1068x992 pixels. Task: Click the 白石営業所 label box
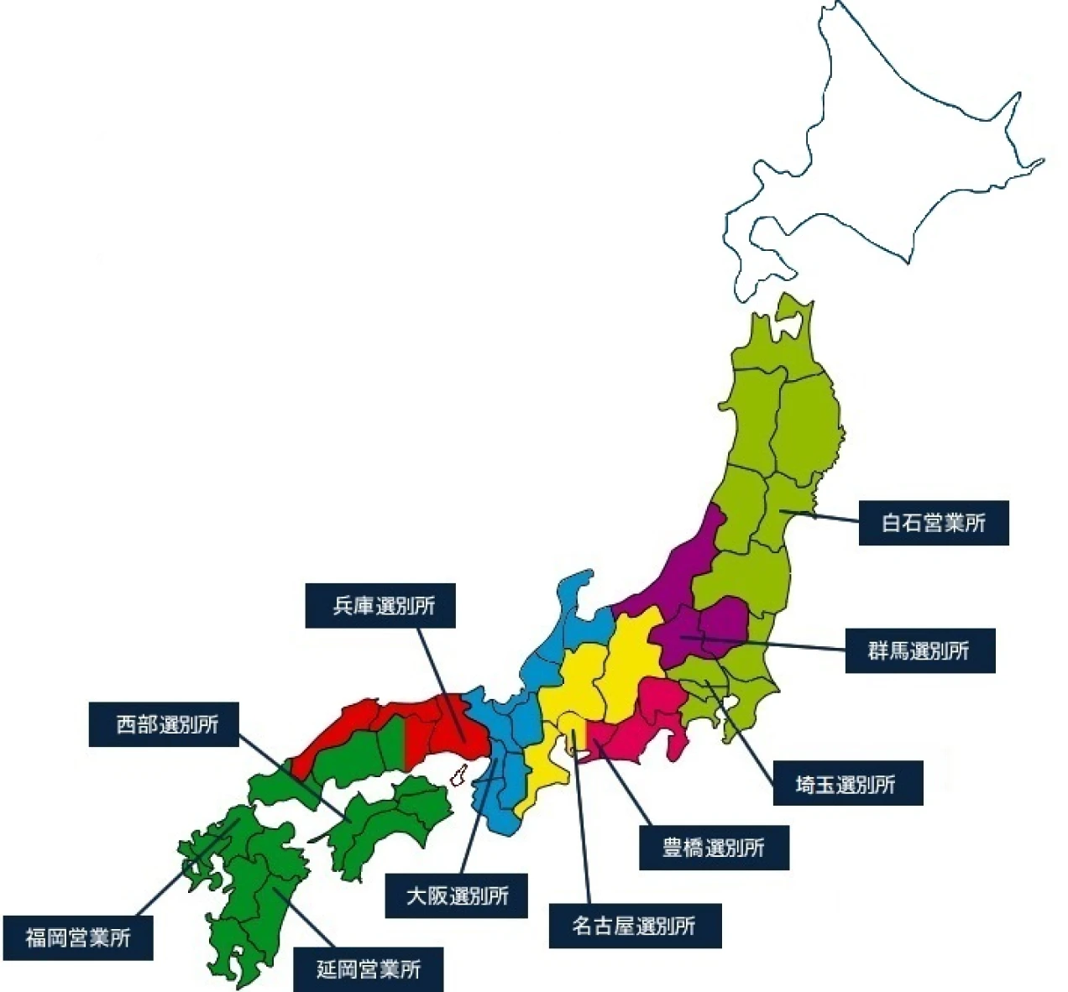tap(933, 523)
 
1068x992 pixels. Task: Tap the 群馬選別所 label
tap(919, 650)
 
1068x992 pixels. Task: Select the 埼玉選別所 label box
tap(847, 784)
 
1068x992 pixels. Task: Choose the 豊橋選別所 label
tap(714, 848)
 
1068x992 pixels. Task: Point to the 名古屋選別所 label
tap(635, 926)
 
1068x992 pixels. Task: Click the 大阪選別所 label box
tap(458, 895)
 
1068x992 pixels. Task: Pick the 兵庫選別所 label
tap(380, 605)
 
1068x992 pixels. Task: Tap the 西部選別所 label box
tap(165, 724)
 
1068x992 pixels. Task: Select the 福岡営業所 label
tap(77, 937)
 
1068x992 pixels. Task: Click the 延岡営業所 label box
tap(368, 969)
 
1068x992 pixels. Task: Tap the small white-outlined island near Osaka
tap(458, 775)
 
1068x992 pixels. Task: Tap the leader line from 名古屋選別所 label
tap(583, 822)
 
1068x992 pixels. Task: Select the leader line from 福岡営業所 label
tap(181, 869)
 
